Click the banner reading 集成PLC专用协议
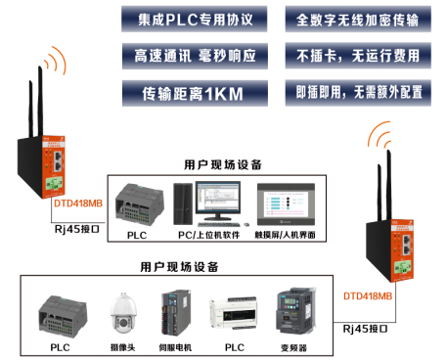pyautogui.click(x=197, y=19)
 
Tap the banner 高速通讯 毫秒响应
pyautogui.click(x=197, y=56)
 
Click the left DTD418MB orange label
pyautogui.click(x=76, y=203)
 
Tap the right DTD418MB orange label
pyautogui.click(x=368, y=294)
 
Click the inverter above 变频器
pyautogui.click(x=294, y=311)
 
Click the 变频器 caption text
pyautogui.click(x=294, y=347)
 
